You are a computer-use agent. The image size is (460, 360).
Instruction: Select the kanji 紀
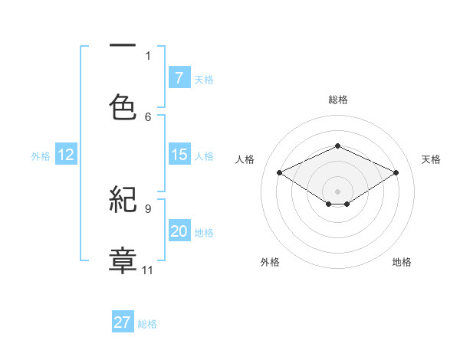(x=123, y=201)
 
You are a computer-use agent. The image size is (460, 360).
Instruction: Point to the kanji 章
(x=123, y=259)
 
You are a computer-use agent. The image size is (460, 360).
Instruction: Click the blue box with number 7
(x=179, y=78)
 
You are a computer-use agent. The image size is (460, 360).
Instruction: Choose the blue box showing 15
(x=179, y=155)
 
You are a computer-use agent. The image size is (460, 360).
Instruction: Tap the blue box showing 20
(x=179, y=231)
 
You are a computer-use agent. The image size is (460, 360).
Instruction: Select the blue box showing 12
(x=65, y=155)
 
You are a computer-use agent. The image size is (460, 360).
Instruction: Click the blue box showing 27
(x=122, y=322)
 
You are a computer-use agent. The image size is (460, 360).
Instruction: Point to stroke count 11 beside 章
(x=148, y=270)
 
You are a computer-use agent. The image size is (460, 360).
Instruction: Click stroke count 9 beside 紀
(x=148, y=208)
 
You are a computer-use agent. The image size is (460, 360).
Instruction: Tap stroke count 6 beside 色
(x=148, y=116)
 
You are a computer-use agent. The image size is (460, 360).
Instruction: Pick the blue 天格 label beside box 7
(x=204, y=79)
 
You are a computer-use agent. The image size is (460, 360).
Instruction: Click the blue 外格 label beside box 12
(x=41, y=155)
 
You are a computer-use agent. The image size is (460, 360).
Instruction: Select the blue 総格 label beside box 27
(x=147, y=323)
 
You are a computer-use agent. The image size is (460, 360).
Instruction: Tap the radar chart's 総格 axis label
(x=337, y=100)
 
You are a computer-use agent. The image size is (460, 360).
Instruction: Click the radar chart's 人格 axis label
(x=245, y=159)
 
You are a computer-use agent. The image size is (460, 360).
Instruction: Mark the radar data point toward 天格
(x=396, y=173)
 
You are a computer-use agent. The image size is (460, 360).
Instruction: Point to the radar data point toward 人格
(x=279, y=173)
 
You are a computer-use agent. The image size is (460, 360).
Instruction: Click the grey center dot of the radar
(x=337, y=191)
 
